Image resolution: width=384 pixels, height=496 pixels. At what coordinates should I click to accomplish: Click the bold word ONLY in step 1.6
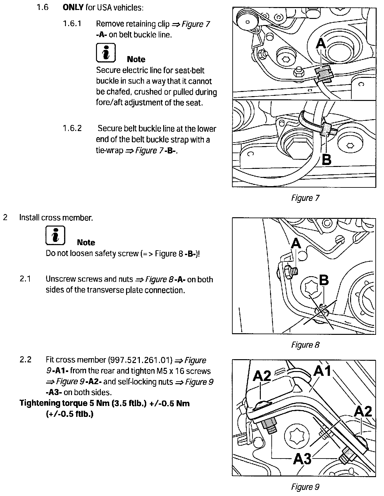point(73,7)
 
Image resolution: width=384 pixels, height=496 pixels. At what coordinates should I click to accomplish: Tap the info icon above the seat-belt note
point(106,53)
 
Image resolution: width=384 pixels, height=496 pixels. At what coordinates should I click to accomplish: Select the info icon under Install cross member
point(55,236)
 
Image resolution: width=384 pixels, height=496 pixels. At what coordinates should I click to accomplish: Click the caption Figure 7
point(305,198)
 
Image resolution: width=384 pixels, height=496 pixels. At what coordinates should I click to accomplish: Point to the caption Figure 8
point(305,345)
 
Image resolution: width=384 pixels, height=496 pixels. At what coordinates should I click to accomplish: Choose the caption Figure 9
point(305,487)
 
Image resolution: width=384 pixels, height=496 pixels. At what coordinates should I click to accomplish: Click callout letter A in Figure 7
point(321,44)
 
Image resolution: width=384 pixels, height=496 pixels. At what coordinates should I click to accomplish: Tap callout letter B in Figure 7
point(326,159)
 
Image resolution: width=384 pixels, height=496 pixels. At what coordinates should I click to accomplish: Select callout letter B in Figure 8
point(324,280)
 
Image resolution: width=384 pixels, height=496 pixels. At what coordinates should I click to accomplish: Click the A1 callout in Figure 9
point(323,371)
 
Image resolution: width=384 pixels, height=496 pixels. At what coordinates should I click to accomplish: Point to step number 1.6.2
point(72,128)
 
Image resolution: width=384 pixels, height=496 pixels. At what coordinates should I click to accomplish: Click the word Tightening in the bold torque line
point(40,403)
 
